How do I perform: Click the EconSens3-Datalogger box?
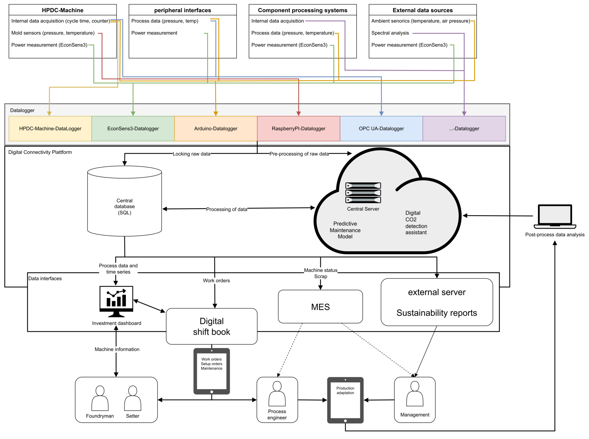[133, 129]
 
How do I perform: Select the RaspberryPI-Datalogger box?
[298, 129]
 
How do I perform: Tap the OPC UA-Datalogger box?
[381, 129]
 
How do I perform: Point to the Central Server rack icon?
[363, 193]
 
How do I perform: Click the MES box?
[320, 306]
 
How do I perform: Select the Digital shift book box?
[211, 326]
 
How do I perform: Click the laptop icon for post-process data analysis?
[555, 217]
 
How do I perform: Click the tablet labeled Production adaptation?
[345, 400]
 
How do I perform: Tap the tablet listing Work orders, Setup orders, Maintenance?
[211, 371]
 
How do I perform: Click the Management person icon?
[414, 394]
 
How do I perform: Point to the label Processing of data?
[226, 209]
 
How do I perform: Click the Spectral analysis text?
[390, 33]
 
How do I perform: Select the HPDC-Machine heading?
[63, 10]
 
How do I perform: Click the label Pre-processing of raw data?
[299, 154]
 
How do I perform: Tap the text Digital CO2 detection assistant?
[416, 222]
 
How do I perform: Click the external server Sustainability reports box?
[437, 302]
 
